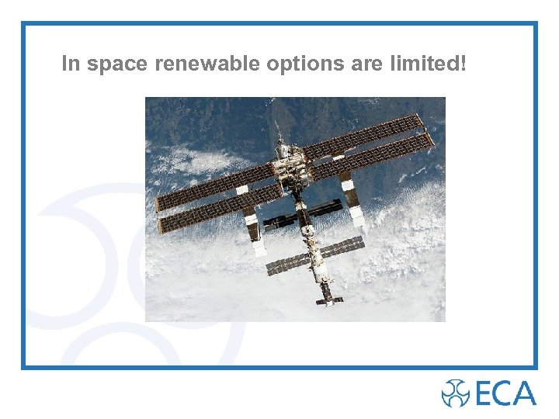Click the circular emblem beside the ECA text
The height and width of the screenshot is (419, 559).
455,393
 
